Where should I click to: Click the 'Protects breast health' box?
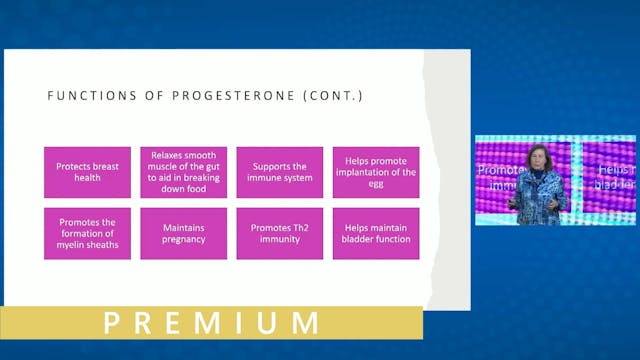pos(87,172)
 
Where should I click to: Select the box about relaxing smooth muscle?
pos(183,172)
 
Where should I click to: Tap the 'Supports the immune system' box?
pos(279,172)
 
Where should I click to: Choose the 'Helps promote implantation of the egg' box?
pos(375,172)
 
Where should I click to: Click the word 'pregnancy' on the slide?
pos(183,240)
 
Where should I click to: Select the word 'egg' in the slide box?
pos(375,184)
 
